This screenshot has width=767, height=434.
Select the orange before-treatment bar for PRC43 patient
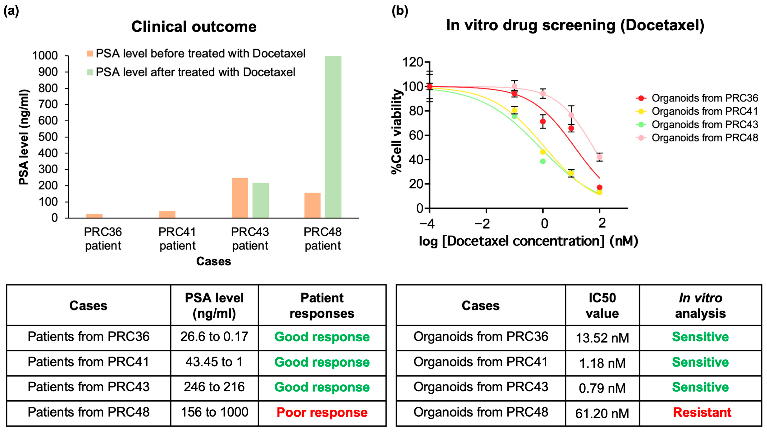(240, 198)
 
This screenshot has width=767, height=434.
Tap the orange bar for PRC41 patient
(167, 214)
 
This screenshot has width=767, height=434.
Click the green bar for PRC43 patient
(260, 200)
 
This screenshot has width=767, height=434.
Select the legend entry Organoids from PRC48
(704, 138)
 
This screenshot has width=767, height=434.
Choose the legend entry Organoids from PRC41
(704, 111)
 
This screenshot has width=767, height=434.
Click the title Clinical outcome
(194, 27)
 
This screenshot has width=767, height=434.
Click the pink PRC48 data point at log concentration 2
(599, 157)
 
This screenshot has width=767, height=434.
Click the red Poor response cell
(322, 413)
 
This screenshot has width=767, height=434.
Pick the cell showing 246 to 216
(214, 387)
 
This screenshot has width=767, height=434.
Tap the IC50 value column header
(602, 306)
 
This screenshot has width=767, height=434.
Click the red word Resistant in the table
(702, 413)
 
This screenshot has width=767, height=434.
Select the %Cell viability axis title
(397, 131)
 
